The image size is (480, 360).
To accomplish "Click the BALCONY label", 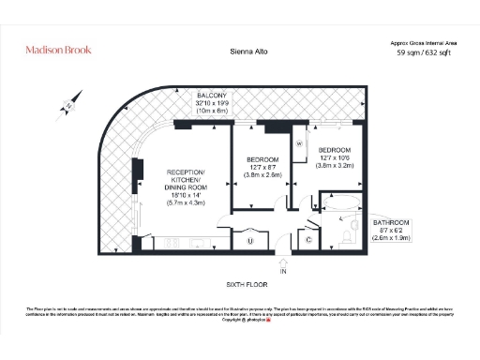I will click(x=216, y=97).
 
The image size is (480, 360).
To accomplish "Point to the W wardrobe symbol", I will click(x=299, y=143).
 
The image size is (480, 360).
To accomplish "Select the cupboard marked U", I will click(x=250, y=241).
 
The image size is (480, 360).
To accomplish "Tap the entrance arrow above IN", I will click(x=284, y=260).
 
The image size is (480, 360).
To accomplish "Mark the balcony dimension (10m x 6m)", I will click(x=216, y=111).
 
